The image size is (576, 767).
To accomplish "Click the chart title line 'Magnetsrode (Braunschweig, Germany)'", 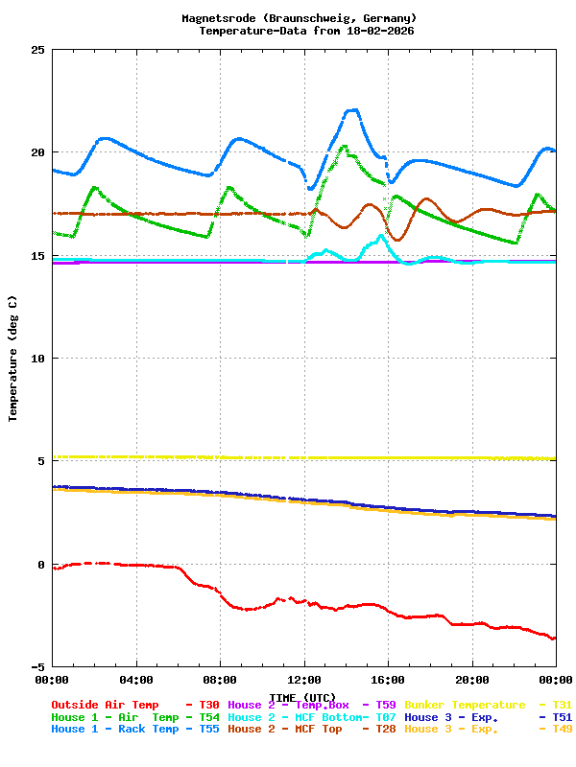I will (299, 18).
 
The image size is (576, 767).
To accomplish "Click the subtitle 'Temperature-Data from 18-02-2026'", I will (306, 31).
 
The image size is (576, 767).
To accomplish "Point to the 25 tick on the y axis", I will (37, 50).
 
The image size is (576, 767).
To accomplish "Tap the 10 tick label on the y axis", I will (37, 359).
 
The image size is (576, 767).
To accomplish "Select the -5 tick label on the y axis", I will (37, 667).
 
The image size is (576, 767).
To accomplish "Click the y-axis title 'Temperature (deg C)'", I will (13, 359).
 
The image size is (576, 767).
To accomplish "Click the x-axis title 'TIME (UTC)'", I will (302, 697).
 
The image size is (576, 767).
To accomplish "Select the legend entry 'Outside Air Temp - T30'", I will (135, 705).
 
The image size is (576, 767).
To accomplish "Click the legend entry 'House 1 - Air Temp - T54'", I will (135, 717).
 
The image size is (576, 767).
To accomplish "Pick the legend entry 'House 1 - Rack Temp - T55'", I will (135, 729).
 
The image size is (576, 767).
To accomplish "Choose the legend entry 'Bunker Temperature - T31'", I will (488, 705).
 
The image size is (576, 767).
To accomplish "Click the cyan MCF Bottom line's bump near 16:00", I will (381, 236).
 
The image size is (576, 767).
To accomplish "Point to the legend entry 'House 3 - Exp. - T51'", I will (488, 717).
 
